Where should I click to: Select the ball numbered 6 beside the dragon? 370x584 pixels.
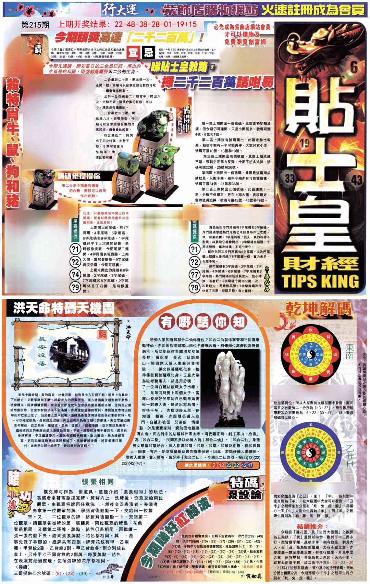(x=353, y=68)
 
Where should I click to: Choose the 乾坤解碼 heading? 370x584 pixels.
(x=319, y=310)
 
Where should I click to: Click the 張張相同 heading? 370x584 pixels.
(x=98, y=481)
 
